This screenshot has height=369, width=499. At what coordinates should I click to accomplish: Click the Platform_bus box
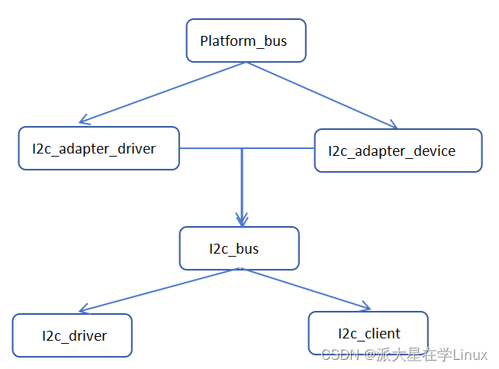(x=246, y=40)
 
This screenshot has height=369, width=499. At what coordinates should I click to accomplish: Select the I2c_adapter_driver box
(x=98, y=148)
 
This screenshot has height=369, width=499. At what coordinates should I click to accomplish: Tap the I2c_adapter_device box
(x=398, y=151)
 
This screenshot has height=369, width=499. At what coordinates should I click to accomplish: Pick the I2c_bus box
(x=239, y=248)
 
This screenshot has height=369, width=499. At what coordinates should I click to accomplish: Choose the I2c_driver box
(x=72, y=335)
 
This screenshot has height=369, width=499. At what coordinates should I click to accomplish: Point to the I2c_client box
(x=368, y=333)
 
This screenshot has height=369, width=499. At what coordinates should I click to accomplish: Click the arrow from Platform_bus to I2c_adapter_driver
(x=163, y=92)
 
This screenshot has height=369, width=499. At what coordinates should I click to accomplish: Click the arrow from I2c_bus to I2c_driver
(x=160, y=290)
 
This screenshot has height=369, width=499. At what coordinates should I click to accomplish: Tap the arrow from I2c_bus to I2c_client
(x=305, y=290)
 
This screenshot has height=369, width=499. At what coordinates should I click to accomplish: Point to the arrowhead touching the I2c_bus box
(x=242, y=221)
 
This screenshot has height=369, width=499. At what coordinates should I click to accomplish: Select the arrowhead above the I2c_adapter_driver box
(x=84, y=120)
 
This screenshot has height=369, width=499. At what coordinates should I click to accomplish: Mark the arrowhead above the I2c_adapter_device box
(x=392, y=125)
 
